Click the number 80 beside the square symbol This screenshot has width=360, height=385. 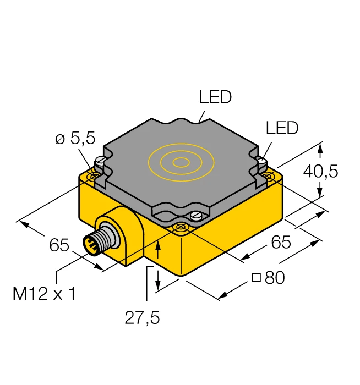275,278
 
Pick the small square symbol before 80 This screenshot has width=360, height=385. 256,278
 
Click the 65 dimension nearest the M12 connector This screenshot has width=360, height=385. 59,245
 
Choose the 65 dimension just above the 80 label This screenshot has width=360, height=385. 280,242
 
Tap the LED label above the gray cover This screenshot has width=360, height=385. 215,98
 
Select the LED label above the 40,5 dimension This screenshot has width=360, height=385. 282,128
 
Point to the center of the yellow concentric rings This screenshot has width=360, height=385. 180,162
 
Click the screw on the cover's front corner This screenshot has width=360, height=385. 195,216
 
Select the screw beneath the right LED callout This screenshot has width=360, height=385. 262,162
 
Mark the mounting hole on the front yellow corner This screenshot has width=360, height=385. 179,227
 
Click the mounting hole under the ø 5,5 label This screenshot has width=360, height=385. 91,176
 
